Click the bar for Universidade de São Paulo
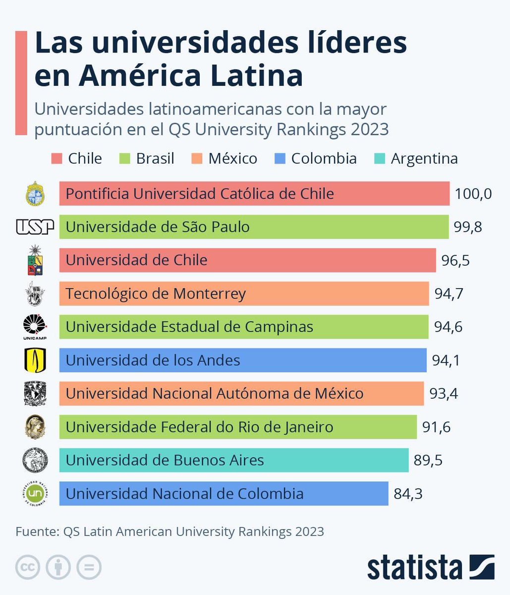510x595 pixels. coord(254,227)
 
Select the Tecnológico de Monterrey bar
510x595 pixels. coord(244,294)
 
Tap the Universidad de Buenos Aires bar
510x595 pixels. coord(233,460)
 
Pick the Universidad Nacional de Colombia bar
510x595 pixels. coord(224,494)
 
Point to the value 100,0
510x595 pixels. coord(473,193)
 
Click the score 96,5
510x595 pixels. coord(455,260)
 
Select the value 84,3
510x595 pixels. coord(408,494)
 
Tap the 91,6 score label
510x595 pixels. coord(436,427)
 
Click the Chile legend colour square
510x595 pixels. coord(57,159)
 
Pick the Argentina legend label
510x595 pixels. coord(424,159)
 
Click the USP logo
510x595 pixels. coord(35,227)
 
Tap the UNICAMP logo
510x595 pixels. coord(35,327)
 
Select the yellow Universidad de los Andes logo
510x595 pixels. coord(35,360)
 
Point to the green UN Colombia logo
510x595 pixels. coord(35,493)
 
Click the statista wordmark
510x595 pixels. coord(414,567)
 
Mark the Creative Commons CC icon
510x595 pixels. coord(28,567)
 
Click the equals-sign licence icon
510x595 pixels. coord(89,567)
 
